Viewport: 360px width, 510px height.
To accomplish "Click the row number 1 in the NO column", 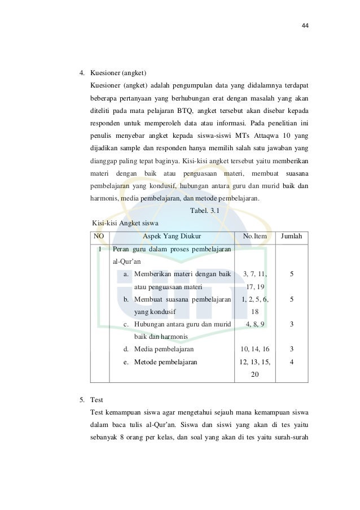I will (x=99, y=249).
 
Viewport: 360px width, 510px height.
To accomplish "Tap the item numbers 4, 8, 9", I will (x=255, y=324).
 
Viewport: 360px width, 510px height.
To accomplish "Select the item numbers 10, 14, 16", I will (x=255, y=350).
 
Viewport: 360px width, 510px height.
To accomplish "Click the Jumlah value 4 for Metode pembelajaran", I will (x=291, y=362).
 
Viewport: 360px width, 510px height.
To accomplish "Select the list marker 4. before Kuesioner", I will (x=82, y=73).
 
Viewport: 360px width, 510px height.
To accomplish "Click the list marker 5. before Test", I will (x=82, y=400).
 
